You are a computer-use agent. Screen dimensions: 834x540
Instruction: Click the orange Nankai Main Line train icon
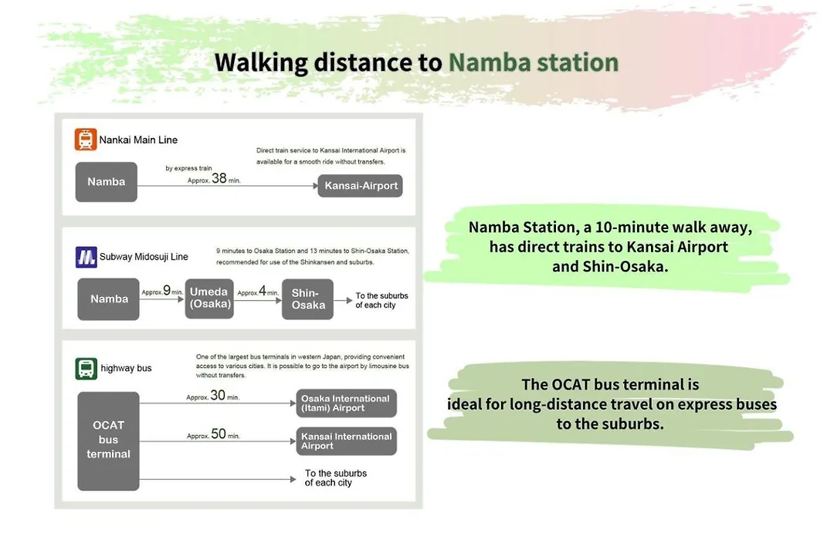click(x=86, y=140)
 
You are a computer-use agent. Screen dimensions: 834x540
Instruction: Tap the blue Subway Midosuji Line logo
click(x=86, y=257)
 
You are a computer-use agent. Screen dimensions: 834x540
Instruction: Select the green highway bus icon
click(x=86, y=368)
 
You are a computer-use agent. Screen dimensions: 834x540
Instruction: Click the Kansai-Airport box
click(x=360, y=185)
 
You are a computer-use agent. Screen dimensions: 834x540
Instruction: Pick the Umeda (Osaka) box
click(x=209, y=299)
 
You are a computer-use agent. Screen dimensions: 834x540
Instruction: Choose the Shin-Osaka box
click(x=307, y=299)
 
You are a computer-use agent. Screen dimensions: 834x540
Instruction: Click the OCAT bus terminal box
click(x=109, y=440)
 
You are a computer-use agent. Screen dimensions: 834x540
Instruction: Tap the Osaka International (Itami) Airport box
click(x=346, y=403)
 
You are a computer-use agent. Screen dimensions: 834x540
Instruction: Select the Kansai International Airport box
click(x=346, y=440)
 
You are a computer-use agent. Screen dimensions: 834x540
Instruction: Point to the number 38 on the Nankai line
click(x=219, y=178)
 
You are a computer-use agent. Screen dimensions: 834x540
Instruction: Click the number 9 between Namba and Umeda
click(x=167, y=290)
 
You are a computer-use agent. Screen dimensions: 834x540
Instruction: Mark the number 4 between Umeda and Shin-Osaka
click(x=263, y=291)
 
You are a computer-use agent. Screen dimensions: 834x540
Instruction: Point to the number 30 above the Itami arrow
click(x=218, y=395)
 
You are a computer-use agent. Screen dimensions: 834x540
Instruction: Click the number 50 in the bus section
click(x=219, y=434)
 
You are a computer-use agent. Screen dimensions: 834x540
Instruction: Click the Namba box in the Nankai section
click(x=107, y=182)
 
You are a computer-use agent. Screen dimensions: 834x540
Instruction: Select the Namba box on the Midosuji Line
click(x=109, y=299)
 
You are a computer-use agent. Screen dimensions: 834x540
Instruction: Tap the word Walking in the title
click(x=261, y=62)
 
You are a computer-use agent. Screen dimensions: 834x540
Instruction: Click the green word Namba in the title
click(x=490, y=62)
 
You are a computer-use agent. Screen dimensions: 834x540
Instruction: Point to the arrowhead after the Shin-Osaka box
click(x=349, y=300)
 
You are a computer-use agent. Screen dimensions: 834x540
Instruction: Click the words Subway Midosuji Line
click(x=144, y=257)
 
